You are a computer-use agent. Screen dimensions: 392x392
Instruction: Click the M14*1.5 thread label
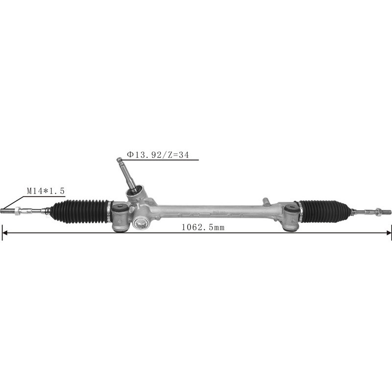coord(46,190)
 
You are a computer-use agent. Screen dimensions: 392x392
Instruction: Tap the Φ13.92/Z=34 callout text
coord(158,154)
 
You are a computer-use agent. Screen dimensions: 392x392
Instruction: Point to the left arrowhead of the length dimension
coord(4,232)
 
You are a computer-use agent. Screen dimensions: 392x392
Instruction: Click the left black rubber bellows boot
coord(81,211)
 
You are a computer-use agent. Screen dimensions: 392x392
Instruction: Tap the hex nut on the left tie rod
coord(18,212)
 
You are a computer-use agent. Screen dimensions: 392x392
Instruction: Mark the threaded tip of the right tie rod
coord(387,212)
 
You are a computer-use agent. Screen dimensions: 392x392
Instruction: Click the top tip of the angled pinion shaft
coord(119,159)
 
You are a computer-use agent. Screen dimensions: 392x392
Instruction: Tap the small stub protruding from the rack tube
coord(265,200)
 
